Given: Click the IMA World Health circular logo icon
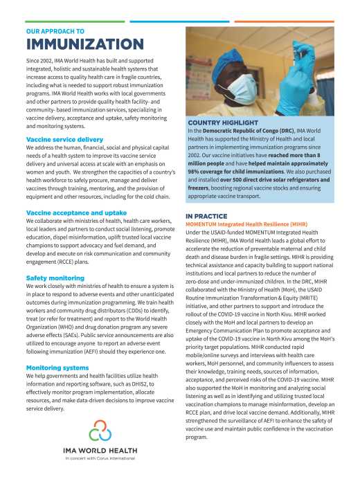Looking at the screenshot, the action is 99,434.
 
